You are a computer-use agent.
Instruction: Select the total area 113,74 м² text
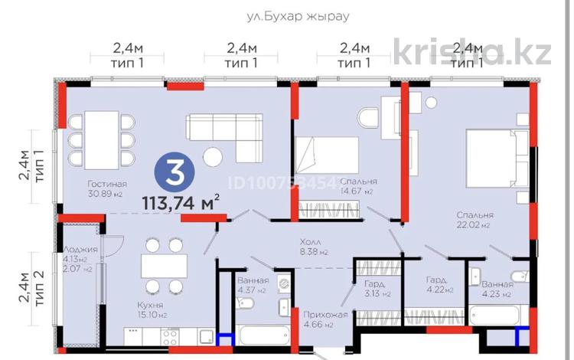click(x=181, y=202)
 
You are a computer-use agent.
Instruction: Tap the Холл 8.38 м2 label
click(x=312, y=246)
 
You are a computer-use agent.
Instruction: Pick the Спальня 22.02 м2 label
click(x=475, y=221)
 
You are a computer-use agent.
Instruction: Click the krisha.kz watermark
click(x=472, y=53)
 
